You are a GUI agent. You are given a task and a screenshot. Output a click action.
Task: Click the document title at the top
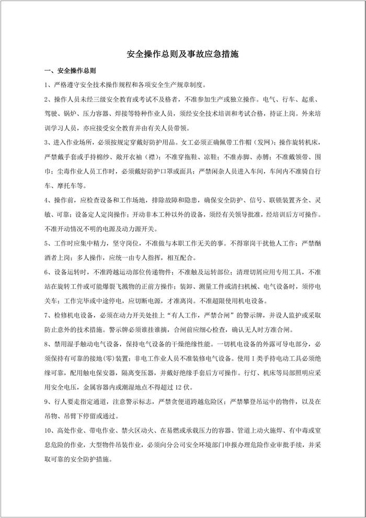tap(183, 54)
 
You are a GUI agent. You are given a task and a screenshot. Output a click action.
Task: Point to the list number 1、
tap(48, 85)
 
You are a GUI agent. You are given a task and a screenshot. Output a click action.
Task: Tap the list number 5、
tap(48, 242)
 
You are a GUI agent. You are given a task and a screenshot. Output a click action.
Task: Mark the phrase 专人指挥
tap(155, 257)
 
